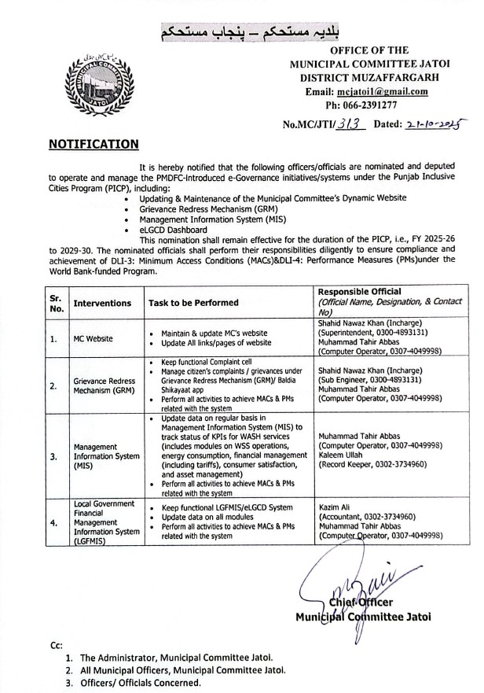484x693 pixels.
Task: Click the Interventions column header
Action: click(102, 303)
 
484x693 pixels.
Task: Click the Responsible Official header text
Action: click(359, 292)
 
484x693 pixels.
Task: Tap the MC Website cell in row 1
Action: click(93, 339)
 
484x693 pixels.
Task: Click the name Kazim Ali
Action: click(335, 508)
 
